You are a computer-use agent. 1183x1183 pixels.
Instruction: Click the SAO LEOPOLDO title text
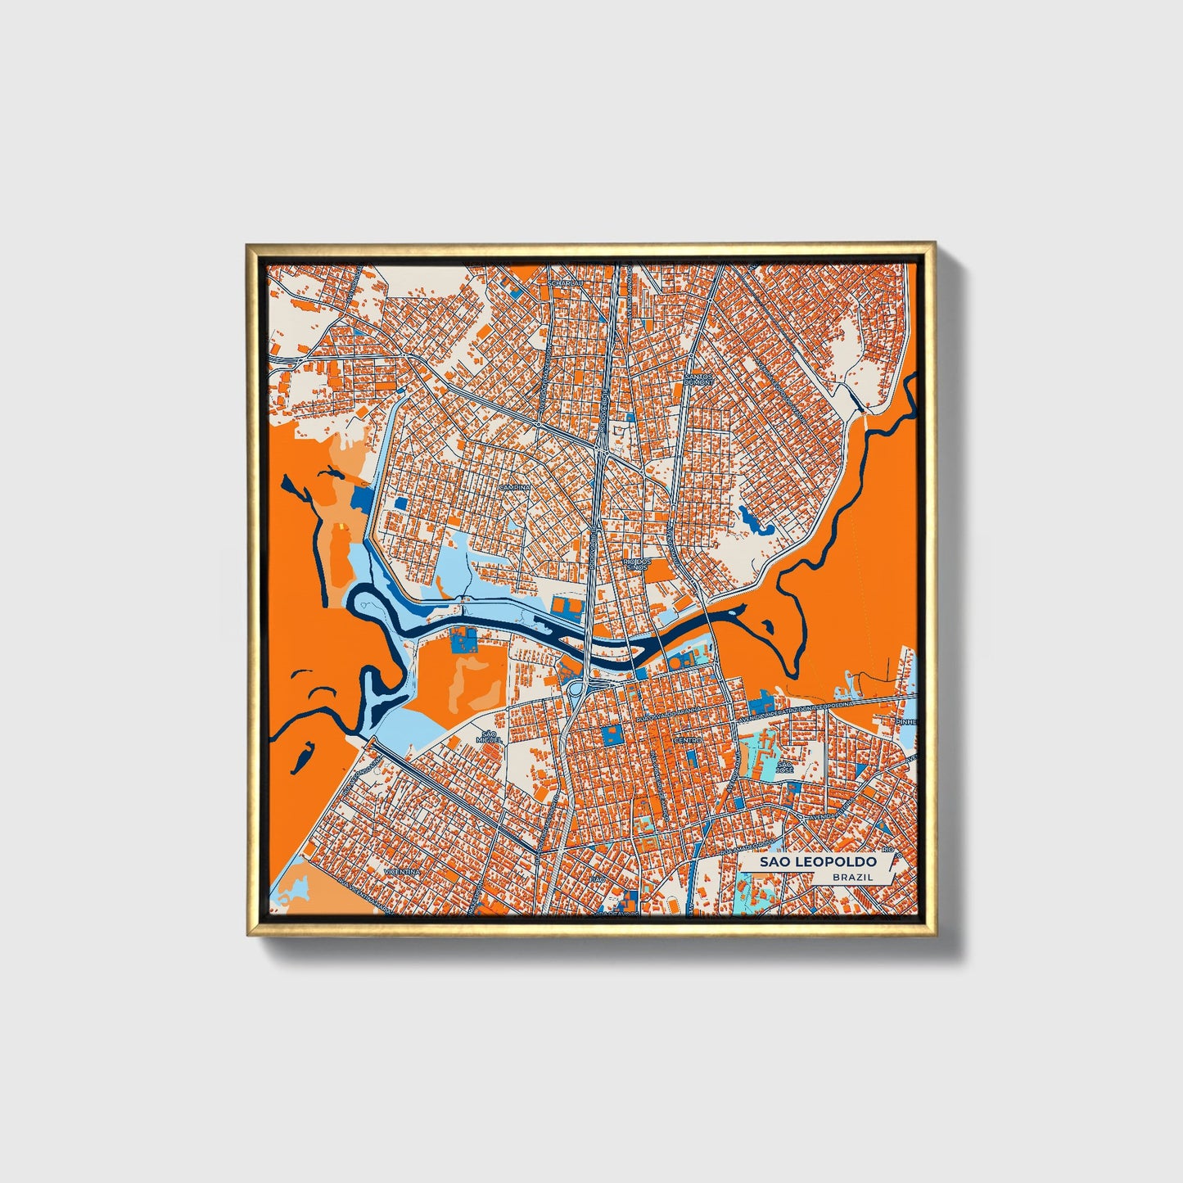pos(817,861)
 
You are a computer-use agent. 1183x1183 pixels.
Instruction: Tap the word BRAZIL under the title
pos(851,877)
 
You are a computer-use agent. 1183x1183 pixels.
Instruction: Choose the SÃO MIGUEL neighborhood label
pos(489,737)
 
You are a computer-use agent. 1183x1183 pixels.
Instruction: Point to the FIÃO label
pos(596,878)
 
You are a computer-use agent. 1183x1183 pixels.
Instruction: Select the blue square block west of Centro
pos(612,734)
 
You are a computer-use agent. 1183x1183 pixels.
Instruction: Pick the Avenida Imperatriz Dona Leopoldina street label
pos(798,710)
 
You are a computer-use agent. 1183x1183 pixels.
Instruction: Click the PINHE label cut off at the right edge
pos(905,722)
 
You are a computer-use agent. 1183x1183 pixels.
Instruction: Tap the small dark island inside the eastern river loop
pos(769,627)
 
